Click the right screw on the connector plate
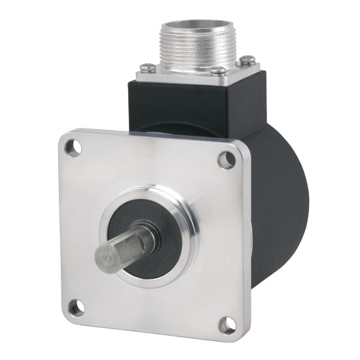click(x=247, y=60)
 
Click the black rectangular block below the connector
click(x=196, y=105)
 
